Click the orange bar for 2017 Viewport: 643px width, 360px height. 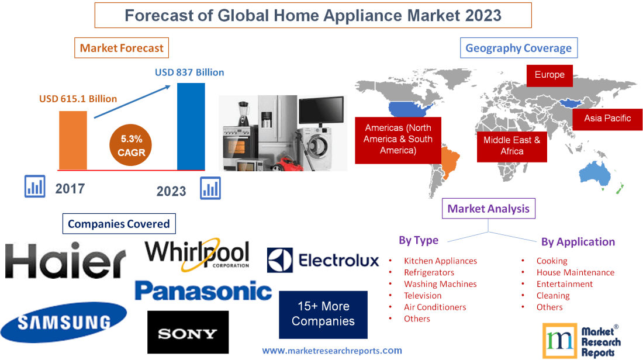tap(73, 140)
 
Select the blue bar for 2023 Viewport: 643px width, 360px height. tap(191, 126)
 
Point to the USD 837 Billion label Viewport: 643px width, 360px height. tap(189, 72)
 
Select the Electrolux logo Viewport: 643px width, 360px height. tap(323, 260)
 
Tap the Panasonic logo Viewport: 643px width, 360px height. tap(203, 290)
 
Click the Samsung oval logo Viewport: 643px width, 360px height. tap(63, 322)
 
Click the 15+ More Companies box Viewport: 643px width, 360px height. tap(323, 314)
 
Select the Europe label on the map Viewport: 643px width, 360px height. tap(549, 75)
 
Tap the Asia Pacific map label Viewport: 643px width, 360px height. tap(608, 118)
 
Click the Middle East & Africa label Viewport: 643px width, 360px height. tap(512, 146)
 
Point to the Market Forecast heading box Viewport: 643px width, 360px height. tap(122, 48)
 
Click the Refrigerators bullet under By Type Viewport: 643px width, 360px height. tap(428, 272)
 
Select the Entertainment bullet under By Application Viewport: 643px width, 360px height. tap(565, 284)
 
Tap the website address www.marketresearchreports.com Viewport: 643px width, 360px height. tap(332, 351)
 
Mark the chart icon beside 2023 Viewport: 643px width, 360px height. tap(210, 188)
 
